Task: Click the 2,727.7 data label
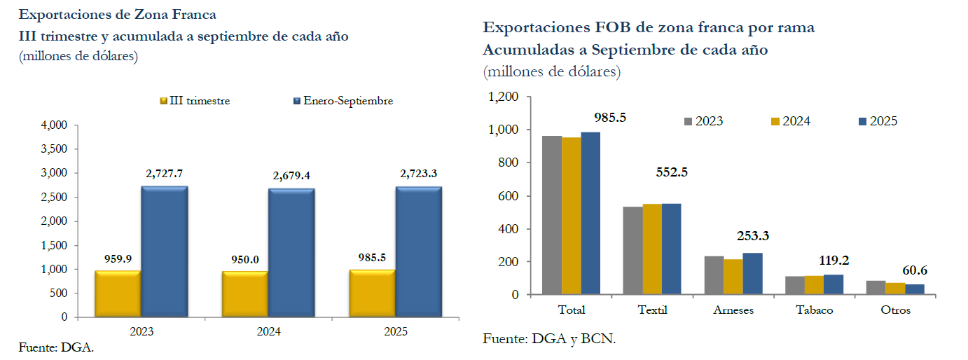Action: coord(164,173)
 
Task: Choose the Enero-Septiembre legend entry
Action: coord(343,101)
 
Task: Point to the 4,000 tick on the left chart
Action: coord(54,125)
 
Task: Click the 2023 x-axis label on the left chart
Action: coord(141,332)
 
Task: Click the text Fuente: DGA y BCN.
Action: coord(549,339)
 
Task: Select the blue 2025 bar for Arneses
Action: coord(752,274)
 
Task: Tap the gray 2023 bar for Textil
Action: coord(632,251)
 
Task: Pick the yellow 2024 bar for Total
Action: coord(572,216)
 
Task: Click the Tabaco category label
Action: coord(814,310)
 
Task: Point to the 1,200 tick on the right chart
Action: coord(503,97)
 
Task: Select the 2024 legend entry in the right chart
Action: coord(790,121)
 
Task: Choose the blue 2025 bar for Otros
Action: coord(915,289)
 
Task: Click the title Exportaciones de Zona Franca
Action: coord(117,14)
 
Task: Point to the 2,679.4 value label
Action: coord(291,176)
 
